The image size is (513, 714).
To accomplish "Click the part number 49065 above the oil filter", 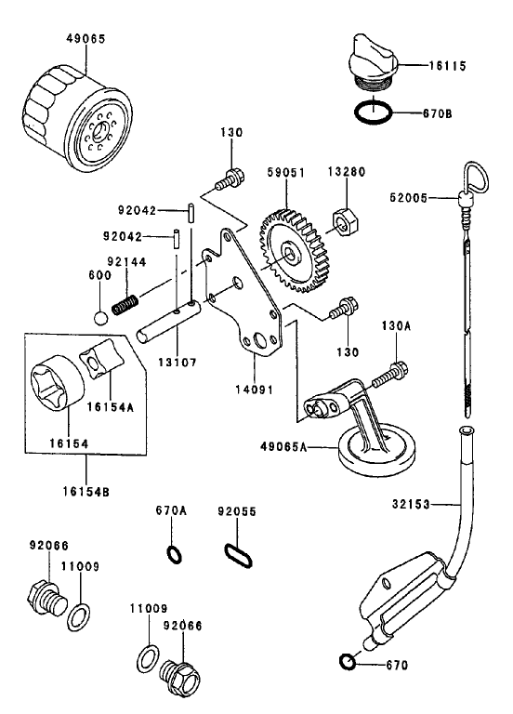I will [85, 40].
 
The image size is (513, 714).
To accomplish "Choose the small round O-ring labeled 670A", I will [174, 554].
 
